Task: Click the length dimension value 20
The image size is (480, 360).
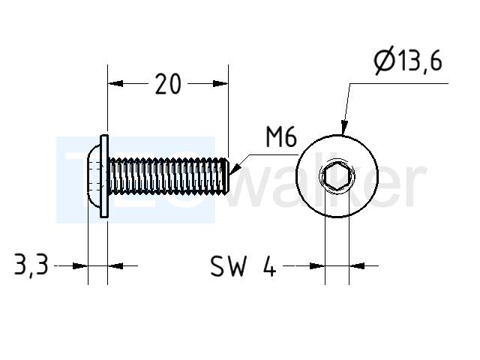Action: click(168, 84)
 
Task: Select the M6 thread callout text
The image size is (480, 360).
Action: click(281, 137)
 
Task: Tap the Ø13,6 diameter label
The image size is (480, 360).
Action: click(408, 60)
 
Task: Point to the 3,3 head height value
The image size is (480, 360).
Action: click(31, 265)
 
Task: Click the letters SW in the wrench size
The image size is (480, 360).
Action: click(228, 266)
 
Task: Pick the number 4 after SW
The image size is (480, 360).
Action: click(269, 266)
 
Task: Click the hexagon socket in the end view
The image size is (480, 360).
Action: click(337, 176)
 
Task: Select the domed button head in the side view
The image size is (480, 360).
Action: click(94, 176)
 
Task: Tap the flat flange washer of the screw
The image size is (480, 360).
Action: click(104, 176)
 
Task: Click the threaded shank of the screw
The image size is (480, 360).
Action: click(168, 176)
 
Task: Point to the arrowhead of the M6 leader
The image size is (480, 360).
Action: click(235, 169)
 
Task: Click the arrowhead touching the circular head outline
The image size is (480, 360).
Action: click(344, 127)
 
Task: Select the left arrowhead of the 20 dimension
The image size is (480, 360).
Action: click(115, 83)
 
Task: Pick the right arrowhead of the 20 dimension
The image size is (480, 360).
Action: click(220, 83)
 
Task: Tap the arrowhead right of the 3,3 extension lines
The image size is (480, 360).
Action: click(115, 266)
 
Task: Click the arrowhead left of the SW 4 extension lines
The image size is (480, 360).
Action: click(317, 266)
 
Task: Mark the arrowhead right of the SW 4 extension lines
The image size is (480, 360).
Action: click(357, 266)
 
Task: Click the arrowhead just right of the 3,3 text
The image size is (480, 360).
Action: click(80, 266)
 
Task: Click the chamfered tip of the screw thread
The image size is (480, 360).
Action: click(226, 176)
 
